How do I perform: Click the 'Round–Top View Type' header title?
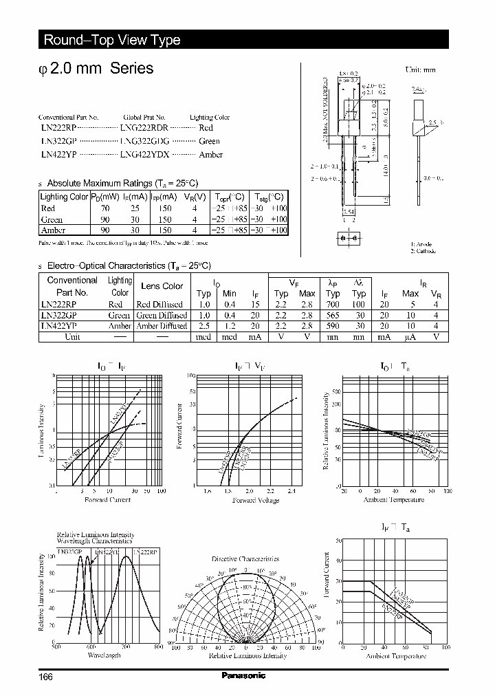112,40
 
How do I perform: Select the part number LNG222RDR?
144,128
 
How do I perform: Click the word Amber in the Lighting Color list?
210,154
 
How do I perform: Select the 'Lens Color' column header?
162,286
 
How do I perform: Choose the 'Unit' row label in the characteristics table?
72,337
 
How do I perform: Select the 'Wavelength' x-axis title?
104,655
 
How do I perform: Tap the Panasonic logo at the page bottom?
243,676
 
